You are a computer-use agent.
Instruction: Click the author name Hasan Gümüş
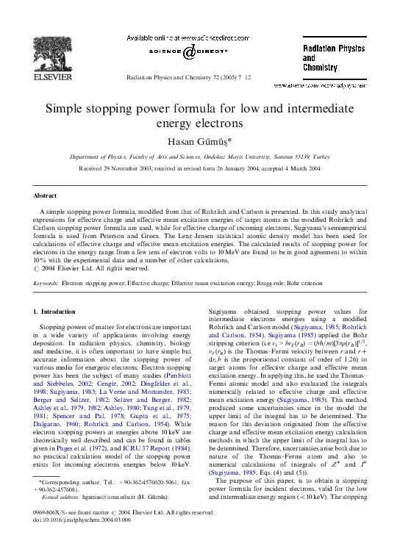click(200, 141)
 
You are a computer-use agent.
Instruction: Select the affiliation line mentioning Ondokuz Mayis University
click(200, 157)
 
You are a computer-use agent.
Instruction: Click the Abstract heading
click(45, 195)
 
